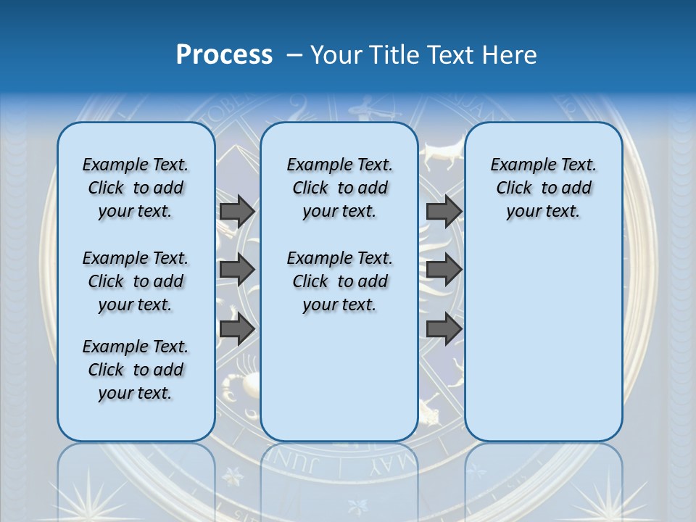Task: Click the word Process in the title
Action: coord(224,54)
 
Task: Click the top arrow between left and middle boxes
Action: coord(237,211)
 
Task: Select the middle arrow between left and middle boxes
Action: coord(237,270)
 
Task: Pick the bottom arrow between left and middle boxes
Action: coord(237,328)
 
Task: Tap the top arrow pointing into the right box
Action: coord(444,211)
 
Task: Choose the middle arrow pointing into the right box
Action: coord(444,270)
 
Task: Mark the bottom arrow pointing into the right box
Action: coord(444,328)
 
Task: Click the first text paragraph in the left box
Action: coord(136,188)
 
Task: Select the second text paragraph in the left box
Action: coord(136,281)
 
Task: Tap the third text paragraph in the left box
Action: coord(136,370)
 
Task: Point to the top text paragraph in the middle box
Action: coord(339,188)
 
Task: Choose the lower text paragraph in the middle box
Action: coord(339,281)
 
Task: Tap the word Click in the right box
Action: coord(514,188)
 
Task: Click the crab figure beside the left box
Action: coord(239,384)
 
